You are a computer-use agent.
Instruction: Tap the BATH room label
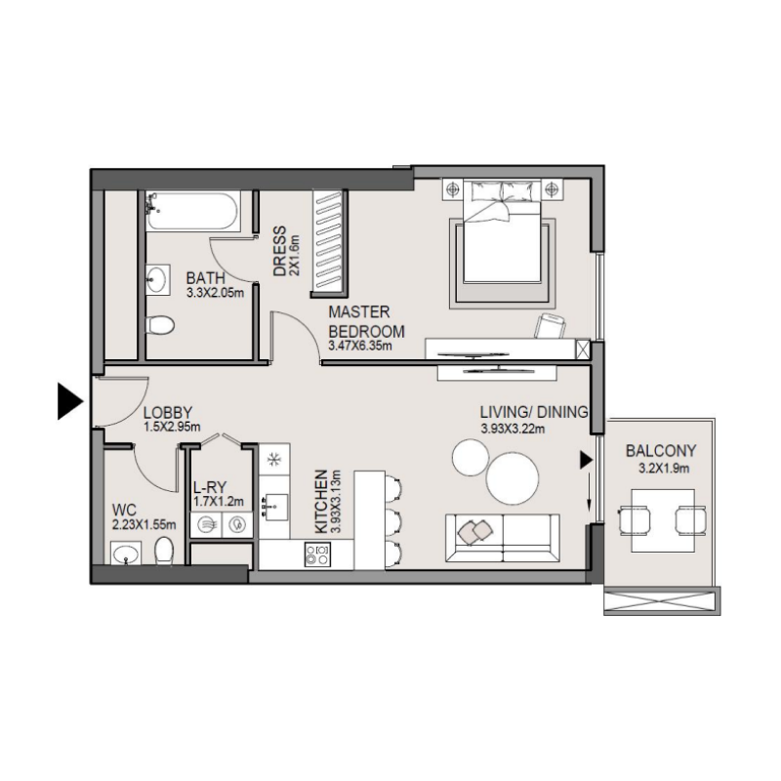[205, 278]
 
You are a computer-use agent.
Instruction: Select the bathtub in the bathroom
[189, 212]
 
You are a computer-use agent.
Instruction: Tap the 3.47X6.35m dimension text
[359, 346]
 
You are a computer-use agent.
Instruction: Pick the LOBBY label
[167, 413]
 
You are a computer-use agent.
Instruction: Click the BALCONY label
[662, 451]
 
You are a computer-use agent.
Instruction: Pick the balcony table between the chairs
[663, 521]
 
